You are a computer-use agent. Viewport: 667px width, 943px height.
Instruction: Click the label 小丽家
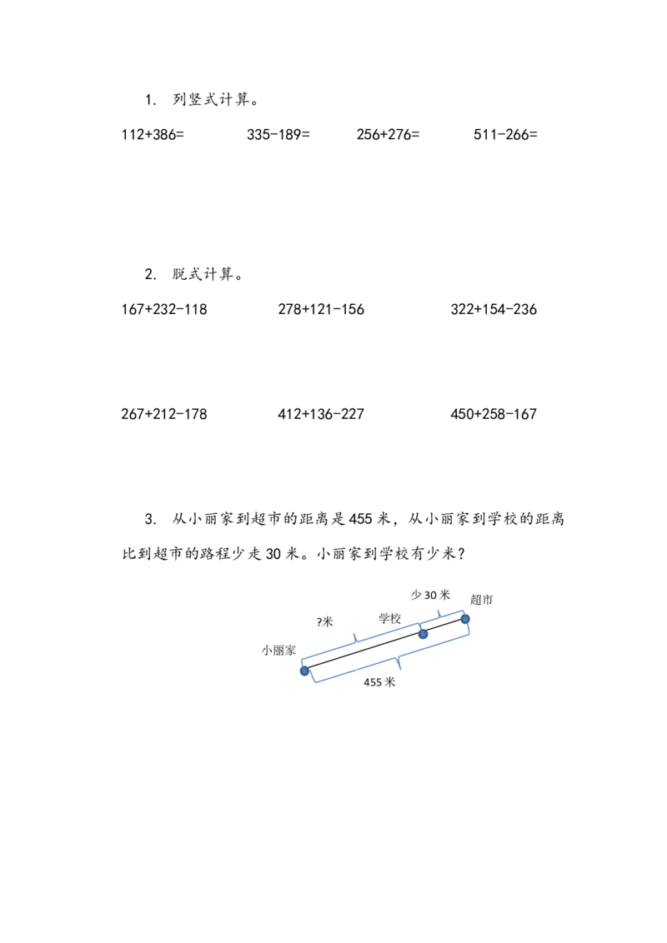coord(278,650)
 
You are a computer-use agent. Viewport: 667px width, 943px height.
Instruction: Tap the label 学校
coord(390,618)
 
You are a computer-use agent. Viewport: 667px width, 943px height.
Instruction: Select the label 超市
coord(481,599)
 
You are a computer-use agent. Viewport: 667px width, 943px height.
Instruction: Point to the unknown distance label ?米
coord(324,621)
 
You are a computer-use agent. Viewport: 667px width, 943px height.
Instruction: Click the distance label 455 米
coord(379,682)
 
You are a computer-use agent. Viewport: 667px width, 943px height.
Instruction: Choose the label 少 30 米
coord(430,595)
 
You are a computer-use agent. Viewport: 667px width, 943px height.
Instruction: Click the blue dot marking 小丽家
coord(305,671)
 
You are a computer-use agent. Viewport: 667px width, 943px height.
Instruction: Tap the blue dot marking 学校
coord(423,634)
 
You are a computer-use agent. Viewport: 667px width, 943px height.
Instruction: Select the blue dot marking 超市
coord(467,619)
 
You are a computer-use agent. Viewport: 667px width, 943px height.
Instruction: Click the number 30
coord(431,595)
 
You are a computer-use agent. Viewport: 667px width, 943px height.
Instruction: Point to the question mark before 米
coord(319,621)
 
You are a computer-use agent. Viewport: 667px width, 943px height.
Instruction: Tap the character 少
coord(416,595)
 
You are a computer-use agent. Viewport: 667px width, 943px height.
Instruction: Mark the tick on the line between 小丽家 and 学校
coord(358,639)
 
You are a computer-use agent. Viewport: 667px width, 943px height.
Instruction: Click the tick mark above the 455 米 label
coord(401,665)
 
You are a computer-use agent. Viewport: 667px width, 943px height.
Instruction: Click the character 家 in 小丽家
coord(289,650)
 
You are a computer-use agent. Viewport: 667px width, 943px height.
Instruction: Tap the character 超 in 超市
coord(475,599)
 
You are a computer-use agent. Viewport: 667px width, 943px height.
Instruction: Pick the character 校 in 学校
coord(396,618)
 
